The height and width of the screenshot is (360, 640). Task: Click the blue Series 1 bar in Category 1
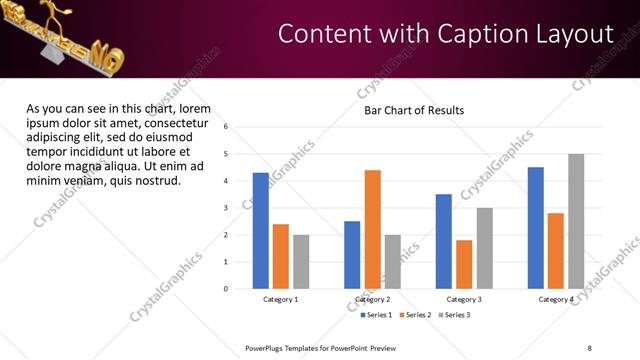click(x=260, y=230)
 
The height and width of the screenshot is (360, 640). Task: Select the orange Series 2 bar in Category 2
click(x=372, y=229)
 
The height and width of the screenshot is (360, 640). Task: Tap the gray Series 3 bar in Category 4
click(x=576, y=221)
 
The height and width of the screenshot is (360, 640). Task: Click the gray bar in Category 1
click(x=301, y=261)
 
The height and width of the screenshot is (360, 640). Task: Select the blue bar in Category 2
click(x=352, y=254)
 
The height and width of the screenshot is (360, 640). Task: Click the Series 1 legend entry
click(x=378, y=315)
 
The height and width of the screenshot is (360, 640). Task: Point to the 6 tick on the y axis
click(x=226, y=127)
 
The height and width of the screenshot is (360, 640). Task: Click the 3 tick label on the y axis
click(x=226, y=208)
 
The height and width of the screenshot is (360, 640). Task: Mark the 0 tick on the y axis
click(x=226, y=289)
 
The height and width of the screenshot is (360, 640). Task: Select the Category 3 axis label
click(x=463, y=300)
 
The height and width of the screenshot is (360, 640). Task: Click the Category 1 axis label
click(x=281, y=300)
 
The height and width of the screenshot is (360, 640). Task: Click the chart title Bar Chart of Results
click(x=414, y=110)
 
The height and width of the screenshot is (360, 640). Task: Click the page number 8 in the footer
click(x=590, y=347)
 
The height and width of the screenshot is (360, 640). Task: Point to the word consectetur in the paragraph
click(x=170, y=123)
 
